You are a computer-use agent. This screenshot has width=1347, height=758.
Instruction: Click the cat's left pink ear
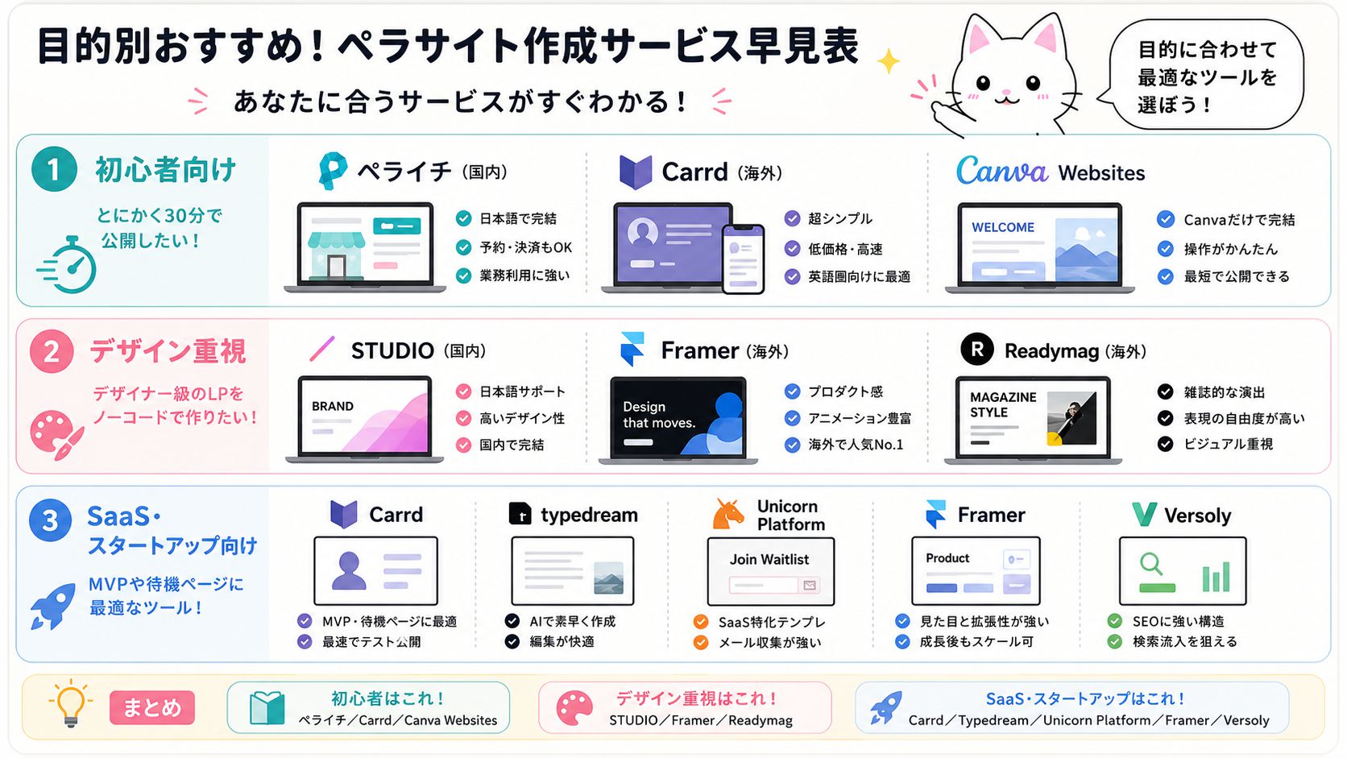[978, 37]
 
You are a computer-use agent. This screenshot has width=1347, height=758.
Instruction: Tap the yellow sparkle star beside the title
[888, 61]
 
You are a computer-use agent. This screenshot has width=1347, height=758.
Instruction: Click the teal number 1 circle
[54, 169]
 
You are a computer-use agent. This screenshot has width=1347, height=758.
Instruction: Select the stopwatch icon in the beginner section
[68, 264]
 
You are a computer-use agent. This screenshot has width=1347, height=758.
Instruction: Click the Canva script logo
[1002, 172]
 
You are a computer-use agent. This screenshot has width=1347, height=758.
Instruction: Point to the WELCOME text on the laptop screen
[1003, 227]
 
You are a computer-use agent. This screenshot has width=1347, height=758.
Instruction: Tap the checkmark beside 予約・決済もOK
[463, 247]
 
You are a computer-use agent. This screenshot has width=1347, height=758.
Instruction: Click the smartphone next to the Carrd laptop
[744, 259]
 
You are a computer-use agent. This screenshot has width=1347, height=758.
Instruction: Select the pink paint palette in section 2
[56, 435]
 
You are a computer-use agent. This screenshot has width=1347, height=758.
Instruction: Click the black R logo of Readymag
[977, 350]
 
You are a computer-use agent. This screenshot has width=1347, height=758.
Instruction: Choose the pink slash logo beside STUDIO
[321, 350]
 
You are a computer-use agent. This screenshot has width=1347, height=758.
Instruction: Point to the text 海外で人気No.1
[855, 444]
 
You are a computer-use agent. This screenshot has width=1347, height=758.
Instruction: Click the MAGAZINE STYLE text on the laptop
[1003, 404]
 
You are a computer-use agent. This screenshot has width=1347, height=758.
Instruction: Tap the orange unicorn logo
[728, 515]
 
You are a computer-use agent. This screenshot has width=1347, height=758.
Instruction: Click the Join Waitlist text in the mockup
[769, 560]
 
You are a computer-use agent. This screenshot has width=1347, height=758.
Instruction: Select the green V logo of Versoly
[1144, 515]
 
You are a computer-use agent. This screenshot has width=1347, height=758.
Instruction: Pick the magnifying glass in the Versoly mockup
[1151, 565]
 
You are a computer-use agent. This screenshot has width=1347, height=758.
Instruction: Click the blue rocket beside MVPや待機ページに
[53, 607]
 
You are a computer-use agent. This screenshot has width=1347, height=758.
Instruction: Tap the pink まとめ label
[152, 707]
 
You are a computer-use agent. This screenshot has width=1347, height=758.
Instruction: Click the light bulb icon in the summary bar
[71, 704]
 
